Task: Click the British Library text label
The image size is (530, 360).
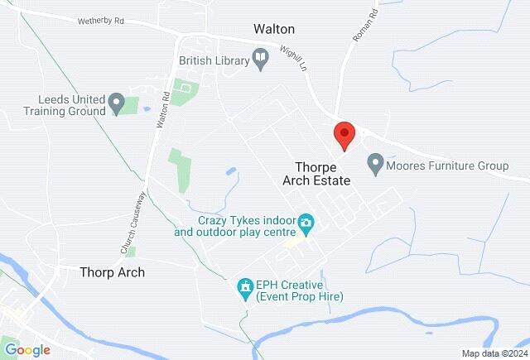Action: pos(214,60)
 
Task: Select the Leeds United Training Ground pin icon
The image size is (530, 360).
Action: pos(117,104)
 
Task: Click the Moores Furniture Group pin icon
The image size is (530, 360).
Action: pos(375,165)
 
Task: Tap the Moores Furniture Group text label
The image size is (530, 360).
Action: pos(447,166)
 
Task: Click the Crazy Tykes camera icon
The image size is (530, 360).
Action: pos(306,222)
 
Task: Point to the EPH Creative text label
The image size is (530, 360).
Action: pos(299,290)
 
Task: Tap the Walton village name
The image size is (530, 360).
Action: pos(273,29)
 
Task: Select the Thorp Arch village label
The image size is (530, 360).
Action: pos(112,271)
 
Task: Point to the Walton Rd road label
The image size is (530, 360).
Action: pos(164,108)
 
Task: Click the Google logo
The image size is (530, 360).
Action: pos(26,350)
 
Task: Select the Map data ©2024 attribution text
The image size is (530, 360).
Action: pos(494,353)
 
